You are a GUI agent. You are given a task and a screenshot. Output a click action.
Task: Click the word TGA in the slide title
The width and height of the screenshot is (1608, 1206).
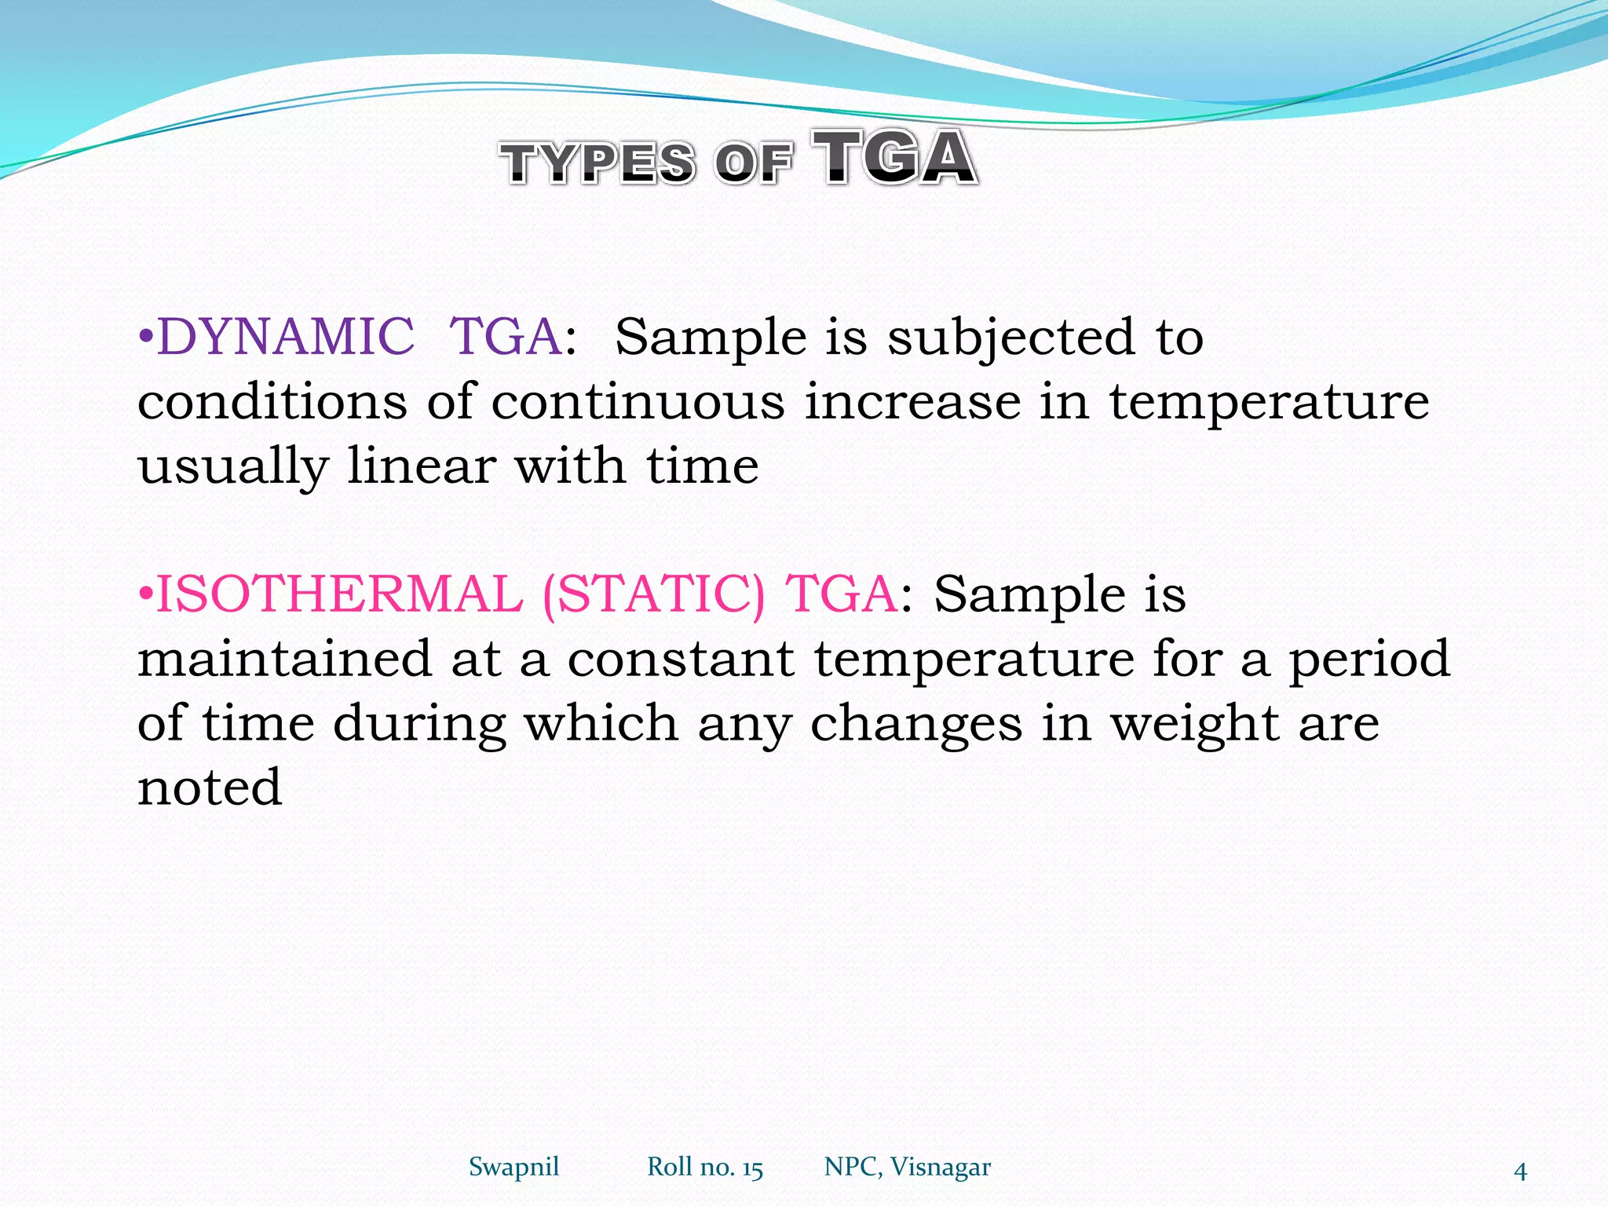(895, 159)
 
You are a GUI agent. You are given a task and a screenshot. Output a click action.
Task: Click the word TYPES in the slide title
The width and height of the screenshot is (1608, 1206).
(598, 163)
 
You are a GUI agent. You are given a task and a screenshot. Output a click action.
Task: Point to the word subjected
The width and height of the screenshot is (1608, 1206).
(1010, 338)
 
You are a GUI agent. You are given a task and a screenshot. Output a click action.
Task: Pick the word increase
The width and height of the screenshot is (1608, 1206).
(912, 402)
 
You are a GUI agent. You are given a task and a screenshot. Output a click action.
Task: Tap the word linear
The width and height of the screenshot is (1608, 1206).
(421, 466)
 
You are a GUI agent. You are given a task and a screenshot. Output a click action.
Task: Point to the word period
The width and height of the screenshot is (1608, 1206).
(1369, 660)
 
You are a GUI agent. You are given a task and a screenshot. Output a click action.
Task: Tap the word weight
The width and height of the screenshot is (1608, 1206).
(1194, 724)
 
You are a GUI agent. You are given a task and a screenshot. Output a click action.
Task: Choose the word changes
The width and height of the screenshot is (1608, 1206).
(915, 724)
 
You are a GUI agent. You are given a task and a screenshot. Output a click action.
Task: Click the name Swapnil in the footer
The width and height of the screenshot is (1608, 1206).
(513, 1167)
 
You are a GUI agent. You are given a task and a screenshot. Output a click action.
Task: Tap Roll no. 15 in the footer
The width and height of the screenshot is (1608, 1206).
(704, 1168)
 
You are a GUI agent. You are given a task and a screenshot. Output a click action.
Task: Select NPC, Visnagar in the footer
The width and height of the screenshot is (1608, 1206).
(907, 1168)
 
